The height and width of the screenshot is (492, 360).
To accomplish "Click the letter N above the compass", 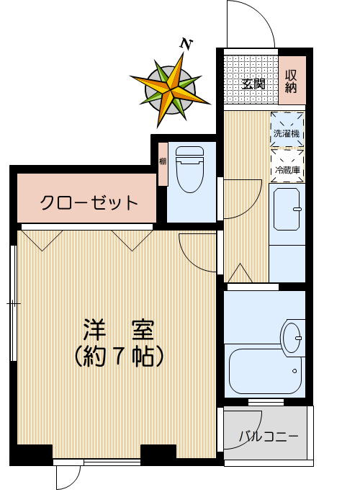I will click(x=186, y=45).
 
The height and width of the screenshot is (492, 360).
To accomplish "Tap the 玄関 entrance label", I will click(x=253, y=84).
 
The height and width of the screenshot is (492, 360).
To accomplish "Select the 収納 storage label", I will click(x=292, y=81).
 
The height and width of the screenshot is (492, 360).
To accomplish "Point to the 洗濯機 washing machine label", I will click(x=287, y=133).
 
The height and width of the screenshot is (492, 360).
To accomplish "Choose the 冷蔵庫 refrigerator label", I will click(x=287, y=171).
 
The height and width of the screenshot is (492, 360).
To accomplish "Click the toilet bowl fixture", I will click(x=190, y=171).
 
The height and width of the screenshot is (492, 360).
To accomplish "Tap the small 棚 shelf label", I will click(x=163, y=161).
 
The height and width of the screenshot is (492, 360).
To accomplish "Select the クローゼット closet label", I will click(x=89, y=202).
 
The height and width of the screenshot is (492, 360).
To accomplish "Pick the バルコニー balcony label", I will click(x=268, y=437).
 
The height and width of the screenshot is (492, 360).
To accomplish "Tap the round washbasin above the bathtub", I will click(x=292, y=336).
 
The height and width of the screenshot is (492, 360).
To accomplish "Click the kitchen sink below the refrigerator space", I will click(x=287, y=207).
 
